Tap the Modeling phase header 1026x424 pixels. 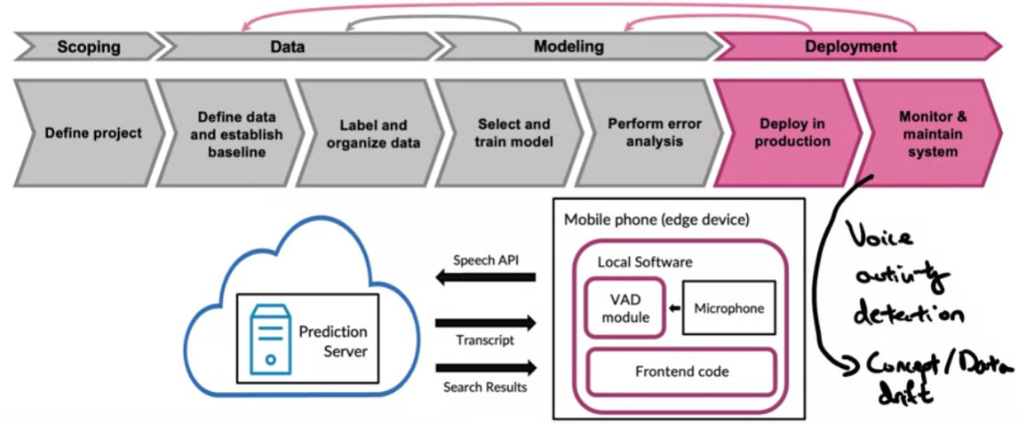569,46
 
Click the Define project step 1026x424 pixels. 93,133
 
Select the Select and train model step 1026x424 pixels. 513,133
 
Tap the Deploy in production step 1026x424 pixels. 794,133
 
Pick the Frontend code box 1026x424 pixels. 681,372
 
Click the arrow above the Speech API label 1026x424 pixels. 485,278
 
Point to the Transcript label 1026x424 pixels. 485,340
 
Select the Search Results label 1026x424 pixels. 485,387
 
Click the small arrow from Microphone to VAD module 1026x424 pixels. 672,308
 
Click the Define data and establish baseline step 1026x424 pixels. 235,133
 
